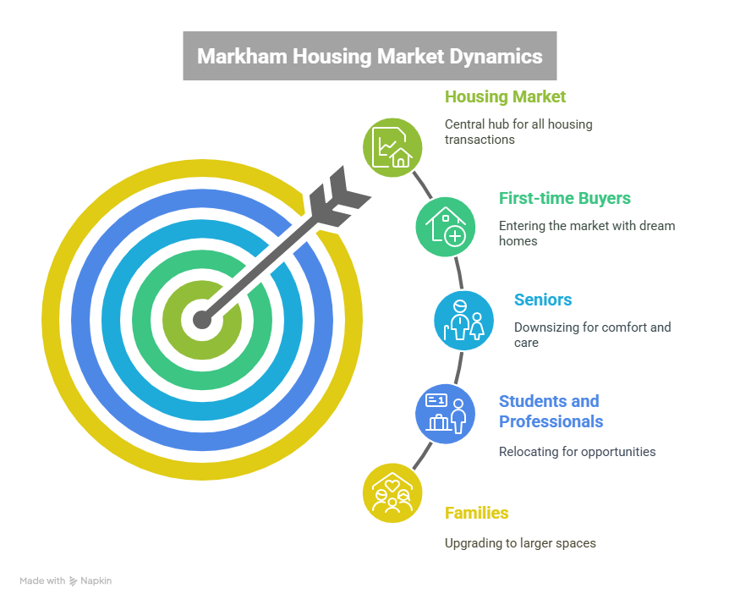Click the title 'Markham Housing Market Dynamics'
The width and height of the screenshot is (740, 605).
tap(370, 56)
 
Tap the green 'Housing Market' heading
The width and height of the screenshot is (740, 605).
tap(505, 96)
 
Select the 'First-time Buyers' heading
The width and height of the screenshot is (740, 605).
tap(564, 198)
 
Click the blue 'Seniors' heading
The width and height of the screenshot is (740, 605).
tap(543, 300)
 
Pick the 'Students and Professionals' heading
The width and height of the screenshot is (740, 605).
tap(551, 411)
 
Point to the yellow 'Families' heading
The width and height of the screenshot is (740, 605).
tap(477, 513)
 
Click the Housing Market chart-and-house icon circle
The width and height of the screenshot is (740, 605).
tap(392, 148)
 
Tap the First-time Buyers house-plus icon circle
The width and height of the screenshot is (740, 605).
tap(445, 227)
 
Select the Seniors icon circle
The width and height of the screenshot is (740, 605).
tap(463, 320)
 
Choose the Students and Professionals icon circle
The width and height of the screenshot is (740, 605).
tap(445, 414)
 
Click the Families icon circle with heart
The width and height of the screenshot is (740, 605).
tap(392, 493)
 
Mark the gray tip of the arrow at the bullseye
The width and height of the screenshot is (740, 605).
tap(202, 320)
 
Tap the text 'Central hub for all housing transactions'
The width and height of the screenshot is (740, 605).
tap(518, 132)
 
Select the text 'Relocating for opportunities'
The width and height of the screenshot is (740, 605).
tap(577, 452)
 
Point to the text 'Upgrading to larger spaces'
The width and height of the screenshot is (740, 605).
tap(520, 543)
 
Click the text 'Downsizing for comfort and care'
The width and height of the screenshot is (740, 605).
tap(592, 335)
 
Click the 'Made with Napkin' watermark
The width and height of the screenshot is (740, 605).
tap(66, 581)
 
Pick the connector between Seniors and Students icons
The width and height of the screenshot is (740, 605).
tap(458, 368)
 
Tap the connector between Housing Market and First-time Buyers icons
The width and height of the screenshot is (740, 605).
tap(422, 185)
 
